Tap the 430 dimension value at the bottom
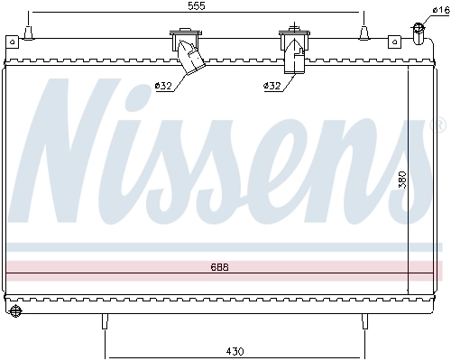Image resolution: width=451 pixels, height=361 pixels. click(234, 349)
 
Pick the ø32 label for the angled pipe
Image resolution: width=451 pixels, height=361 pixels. click(163, 86)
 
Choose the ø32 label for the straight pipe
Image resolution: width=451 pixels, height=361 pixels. click(272, 86)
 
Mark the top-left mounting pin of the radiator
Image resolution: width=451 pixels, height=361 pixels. click(30, 33)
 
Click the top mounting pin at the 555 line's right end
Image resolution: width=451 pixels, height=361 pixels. click(364, 33)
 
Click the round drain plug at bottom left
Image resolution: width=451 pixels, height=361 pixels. click(15, 312)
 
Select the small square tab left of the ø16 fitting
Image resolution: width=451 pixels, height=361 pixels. click(393, 41)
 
